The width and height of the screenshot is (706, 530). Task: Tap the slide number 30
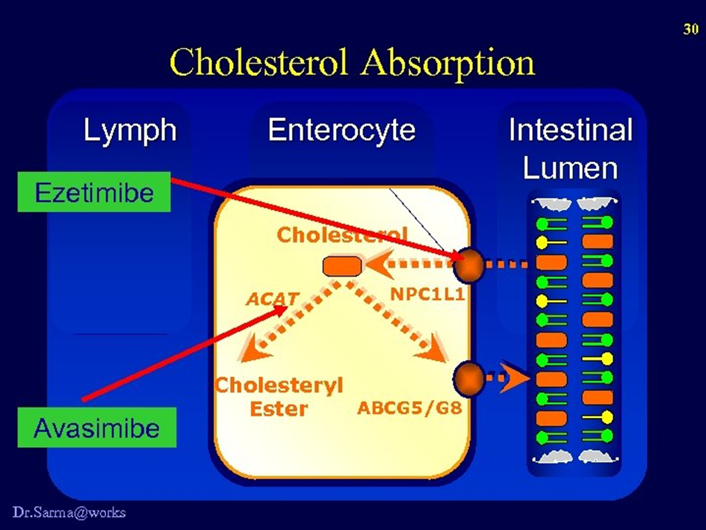click(x=690, y=29)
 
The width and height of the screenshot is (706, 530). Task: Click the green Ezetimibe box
click(x=94, y=193)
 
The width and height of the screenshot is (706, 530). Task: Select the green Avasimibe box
click(x=97, y=428)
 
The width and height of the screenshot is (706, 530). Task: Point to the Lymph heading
click(x=130, y=131)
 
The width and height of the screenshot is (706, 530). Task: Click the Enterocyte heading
click(x=341, y=131)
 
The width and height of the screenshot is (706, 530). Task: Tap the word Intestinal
click(x=570, y=131)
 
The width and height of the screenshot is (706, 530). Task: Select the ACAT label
click(x=273, y=299)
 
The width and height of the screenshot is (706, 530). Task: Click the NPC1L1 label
click(x=427, y=295)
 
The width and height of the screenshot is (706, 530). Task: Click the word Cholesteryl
click(x=279, y=385)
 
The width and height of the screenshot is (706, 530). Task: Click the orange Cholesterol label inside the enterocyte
click(x=342, y=235)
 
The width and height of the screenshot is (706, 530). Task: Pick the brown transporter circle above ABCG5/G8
click(x=469, y=378)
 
